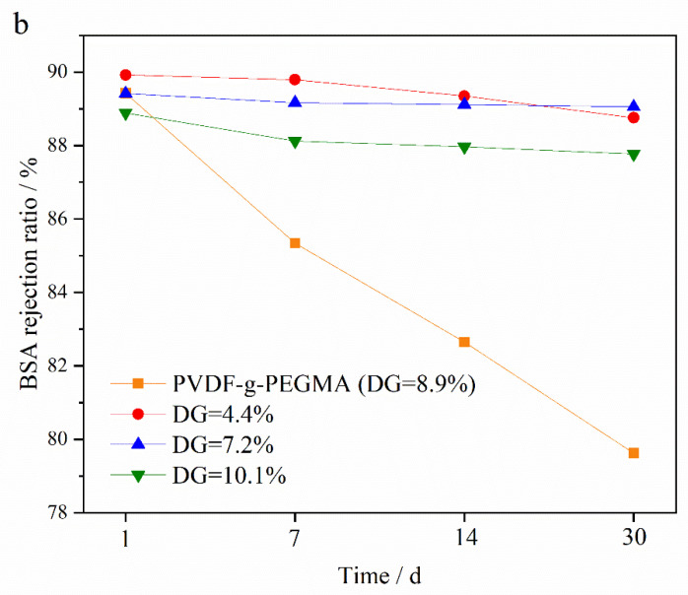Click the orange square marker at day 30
point(634,453)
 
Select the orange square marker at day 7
point(295,243)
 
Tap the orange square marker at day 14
point(464,342)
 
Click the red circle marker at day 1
point(125,75)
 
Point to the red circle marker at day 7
point(295,80)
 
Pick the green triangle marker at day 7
point(295,142)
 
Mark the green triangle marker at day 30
point(634,155)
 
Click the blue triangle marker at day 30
point(634,105)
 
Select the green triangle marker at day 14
point(464,148)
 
